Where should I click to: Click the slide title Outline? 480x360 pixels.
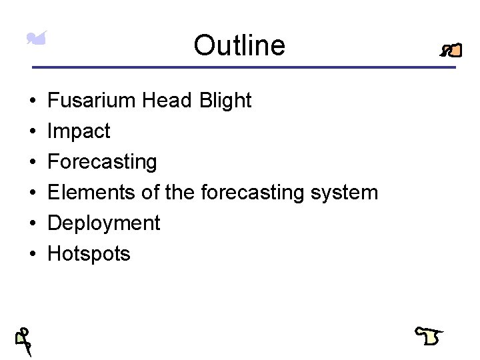tap(239, 46)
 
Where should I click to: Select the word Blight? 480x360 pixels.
tap(225, 101)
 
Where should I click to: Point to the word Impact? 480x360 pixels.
tap(79, 131)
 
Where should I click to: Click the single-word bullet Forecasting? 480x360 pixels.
tap(102, 162)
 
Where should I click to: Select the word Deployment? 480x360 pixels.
tap(104, 223)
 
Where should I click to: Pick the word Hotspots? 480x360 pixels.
tap(89, 254)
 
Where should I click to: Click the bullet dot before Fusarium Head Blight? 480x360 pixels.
tap(33, 101)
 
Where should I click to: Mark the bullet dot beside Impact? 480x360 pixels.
tap(33, 132)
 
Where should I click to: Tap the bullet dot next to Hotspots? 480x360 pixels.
tap(33, 255)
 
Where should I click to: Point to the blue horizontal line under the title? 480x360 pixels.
tap(244, 67)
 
